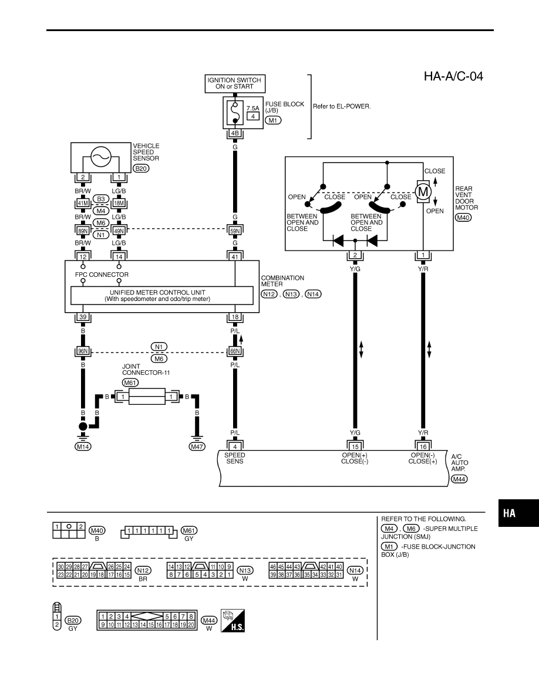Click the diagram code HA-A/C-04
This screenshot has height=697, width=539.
[453, 76]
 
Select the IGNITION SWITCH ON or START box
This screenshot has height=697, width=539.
[235, 83]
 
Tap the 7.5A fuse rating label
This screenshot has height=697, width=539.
[252, 108]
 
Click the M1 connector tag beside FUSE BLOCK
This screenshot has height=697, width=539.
[273, 120]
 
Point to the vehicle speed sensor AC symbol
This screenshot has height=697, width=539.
[100, 157]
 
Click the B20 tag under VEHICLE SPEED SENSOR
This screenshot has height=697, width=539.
[141, 168]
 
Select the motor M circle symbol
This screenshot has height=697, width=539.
[423, 192]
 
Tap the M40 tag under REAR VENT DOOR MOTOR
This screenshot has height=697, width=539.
[463, 218]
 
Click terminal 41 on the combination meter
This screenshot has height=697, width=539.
[235, 256]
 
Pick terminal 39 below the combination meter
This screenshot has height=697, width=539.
[83, 317]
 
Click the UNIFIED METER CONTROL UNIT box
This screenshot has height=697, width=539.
[162, 296]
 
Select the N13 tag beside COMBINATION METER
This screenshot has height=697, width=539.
[291, 295]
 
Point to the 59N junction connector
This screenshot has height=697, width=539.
[235, 231]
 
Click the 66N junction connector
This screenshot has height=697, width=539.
[235, 351]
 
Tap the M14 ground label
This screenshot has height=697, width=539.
[83, 446]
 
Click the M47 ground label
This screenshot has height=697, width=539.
[197, 446]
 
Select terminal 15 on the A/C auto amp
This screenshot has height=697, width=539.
[355, 446]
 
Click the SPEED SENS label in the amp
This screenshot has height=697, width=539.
[235, 458]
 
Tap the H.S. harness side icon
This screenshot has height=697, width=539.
[233, 620]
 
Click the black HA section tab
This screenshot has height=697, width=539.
[518, 513]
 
